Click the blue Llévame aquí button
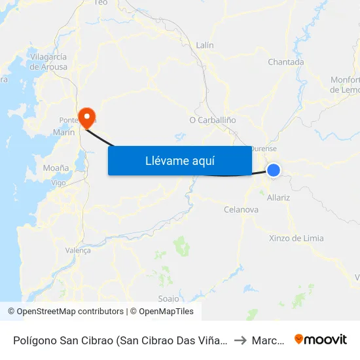click(x=180, y=160)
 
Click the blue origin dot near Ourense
click(x=274, y=170)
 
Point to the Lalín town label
click(x=205, y=45)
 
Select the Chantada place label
click(x=286, y=62)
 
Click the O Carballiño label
click(x=212, y=120)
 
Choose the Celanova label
click(x=241, y=210)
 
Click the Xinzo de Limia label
click(x=296, y=238)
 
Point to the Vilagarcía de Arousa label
click(x=48, y=62)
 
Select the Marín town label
click(x=63, y=132)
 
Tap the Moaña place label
click(x=56, y=168)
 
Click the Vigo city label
click(x=58, y=183)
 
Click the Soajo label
click(x=168, y=298)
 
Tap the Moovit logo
click(x=320, y=339)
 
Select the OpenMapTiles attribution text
click(x=164, y=312)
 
